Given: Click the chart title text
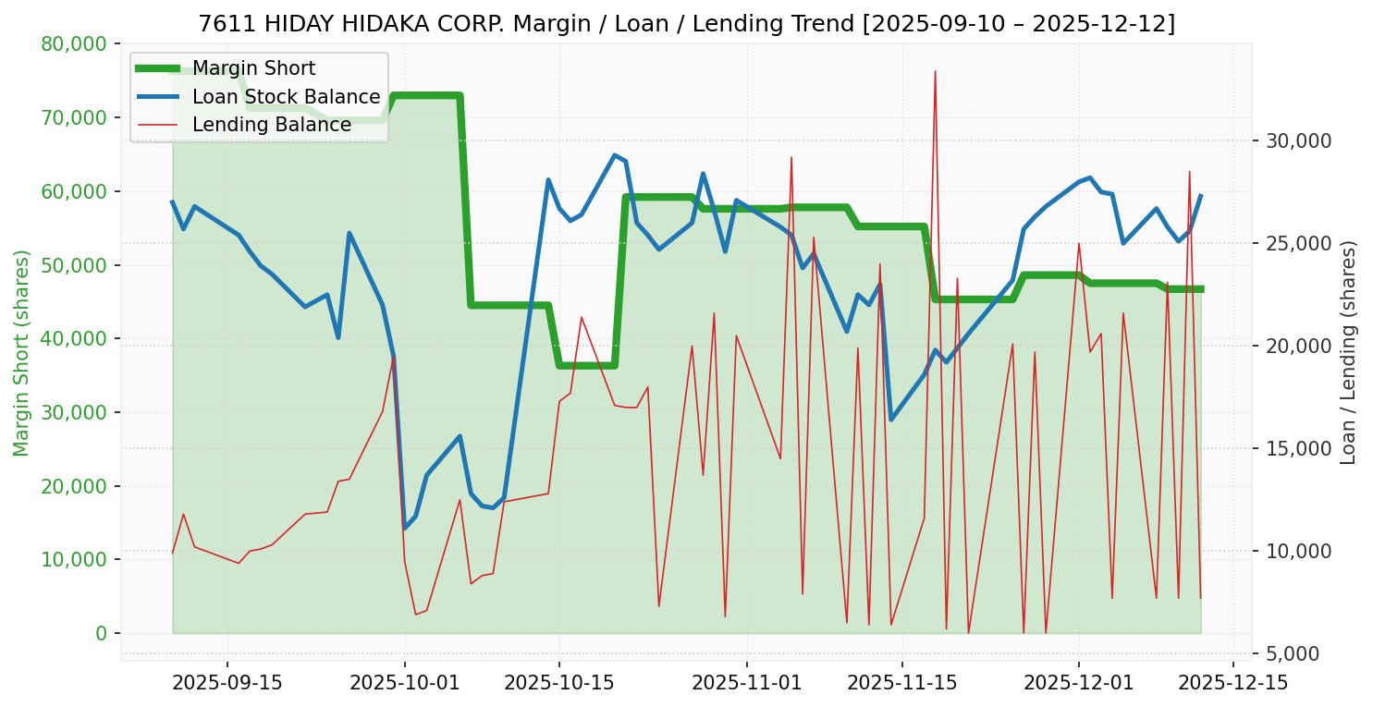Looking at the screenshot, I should (686, 24).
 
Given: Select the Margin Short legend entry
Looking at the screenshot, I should (253, 68).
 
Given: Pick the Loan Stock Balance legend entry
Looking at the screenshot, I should (286, 97).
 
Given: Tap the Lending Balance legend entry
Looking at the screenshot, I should (271, 125).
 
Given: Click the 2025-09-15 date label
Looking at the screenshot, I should (227, 683).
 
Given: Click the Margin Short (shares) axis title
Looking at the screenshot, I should (21, 352).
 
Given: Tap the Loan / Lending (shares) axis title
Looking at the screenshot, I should (1348, 352).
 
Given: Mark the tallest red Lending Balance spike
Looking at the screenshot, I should (935, 71).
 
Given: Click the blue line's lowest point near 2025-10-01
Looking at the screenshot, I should (405, 528).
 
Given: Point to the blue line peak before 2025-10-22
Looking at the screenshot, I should (614, 155).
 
